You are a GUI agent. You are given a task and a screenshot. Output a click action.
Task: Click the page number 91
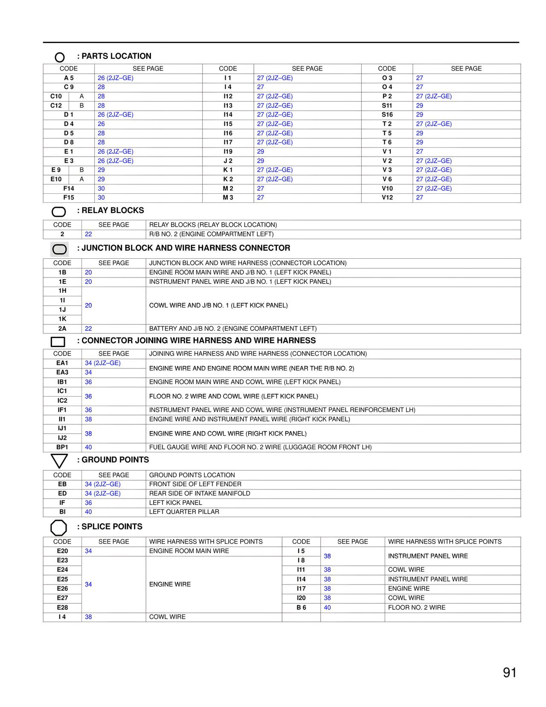(510, 672)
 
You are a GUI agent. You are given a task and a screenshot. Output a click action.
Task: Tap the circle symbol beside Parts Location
(60, 57)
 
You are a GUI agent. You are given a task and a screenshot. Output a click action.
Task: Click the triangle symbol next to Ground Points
(59, 461)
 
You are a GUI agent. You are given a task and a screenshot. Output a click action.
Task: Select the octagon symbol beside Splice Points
(59, 528)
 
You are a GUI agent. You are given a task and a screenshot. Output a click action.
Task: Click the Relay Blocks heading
(113, 210)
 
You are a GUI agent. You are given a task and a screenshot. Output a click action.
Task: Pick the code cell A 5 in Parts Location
(69, 78)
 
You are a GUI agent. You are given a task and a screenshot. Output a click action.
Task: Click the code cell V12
(387, 198)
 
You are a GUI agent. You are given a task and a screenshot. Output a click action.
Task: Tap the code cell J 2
(228, 161)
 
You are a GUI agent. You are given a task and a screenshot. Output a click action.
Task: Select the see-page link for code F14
(101, 188)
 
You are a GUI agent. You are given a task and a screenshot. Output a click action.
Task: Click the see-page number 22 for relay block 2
(88, 234)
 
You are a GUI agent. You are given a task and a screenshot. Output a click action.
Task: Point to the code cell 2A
(62, 329)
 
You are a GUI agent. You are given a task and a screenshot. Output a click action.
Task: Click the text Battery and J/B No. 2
(232, 329)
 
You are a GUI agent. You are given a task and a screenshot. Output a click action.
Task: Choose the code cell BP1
(62, 447)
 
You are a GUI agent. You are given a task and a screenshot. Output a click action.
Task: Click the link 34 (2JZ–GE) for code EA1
(102, 363)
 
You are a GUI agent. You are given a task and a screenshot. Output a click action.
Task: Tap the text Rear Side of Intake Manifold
(200, 494)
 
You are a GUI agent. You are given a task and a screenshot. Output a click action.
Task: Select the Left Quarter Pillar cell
(184, 512)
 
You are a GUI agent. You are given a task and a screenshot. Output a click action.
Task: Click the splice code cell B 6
(301, 608)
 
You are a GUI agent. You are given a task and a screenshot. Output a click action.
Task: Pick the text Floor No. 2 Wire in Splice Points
(416, 608)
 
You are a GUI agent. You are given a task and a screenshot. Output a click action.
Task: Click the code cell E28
(62, 608)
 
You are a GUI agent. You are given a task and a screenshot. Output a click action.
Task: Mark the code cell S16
(387, 115)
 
